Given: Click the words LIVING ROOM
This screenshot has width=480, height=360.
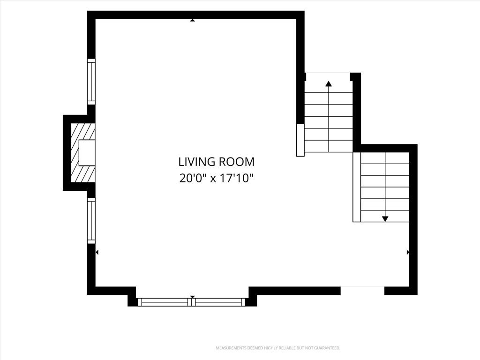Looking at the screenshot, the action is [x=217, y=162].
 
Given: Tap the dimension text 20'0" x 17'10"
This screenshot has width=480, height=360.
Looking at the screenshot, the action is [x=217, y=178].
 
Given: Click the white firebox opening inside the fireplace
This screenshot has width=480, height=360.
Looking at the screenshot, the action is [x=87, y=153].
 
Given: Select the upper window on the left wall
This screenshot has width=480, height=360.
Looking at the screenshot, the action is [x=91, y=82].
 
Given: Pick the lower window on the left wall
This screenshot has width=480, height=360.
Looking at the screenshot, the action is [x=91, y=221].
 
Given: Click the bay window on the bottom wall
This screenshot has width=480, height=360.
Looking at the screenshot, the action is [x=192, y=302].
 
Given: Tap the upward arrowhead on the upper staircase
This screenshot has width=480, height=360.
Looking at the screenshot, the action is [x=329, y=83].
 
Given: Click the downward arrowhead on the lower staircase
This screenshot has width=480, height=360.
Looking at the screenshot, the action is [x=385, y=219].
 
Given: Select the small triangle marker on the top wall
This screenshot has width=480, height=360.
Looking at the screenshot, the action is [x=192, y=20].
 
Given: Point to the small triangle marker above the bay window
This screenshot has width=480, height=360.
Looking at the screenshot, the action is [x=192, y=297].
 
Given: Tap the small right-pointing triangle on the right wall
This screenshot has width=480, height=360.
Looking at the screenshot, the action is [x=408, y=252].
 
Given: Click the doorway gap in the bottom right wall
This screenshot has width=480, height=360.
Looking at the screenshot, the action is [x=362, y=291].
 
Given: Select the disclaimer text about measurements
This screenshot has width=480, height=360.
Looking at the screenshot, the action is [x=278, y=348].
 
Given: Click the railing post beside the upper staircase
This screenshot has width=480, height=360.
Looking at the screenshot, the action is [x=300, y=140].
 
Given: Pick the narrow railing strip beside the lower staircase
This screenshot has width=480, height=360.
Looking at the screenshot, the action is [x=357, y=187].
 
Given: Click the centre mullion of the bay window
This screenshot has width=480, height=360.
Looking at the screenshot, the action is [x=192, y=302].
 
